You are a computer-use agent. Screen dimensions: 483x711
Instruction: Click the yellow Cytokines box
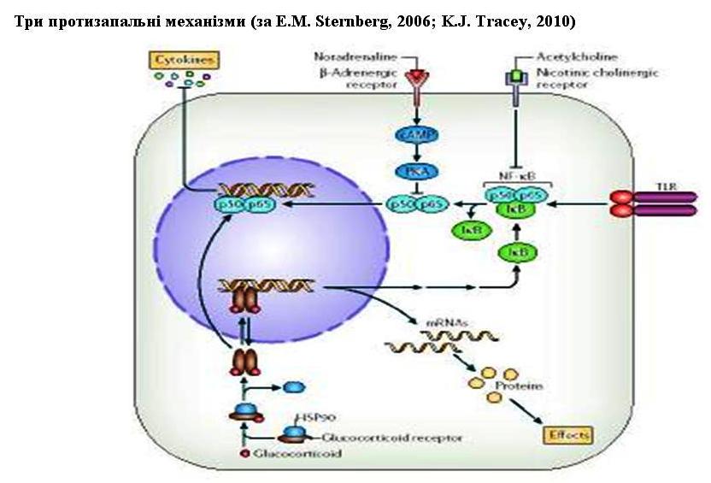[x=184, y=60]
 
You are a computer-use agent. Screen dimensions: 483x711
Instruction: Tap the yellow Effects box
[x=568, y=435]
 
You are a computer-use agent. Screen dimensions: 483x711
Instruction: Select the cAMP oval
[x=416, y=134]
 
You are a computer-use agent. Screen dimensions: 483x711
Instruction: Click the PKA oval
[x=416, y=172]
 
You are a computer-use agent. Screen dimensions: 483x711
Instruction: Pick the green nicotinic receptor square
[x=515, y=78]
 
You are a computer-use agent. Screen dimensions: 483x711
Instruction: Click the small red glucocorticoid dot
[x=245, y=453]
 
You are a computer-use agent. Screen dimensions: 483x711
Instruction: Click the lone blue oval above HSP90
[x=293, y=386]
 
